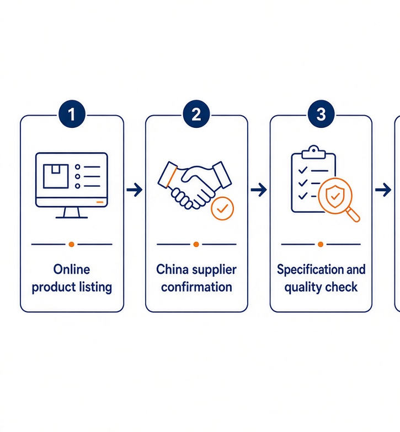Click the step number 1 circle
coord(72,114)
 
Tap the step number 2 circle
coord(196,114)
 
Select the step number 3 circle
coord(321,114)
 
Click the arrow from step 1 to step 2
coord(135,190)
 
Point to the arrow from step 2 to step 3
coord(259,190)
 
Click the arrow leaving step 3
coord(383,190)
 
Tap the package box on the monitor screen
coord(56,176)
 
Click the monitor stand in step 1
coord(72,213)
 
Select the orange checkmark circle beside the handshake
coord(222,208)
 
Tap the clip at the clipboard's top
coord(313,152)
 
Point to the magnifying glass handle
coord(353,215)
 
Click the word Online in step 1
coord(72,269)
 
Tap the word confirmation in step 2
coord(196,287)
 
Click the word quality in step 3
coord(300,288)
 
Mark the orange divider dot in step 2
coord(196,245)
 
